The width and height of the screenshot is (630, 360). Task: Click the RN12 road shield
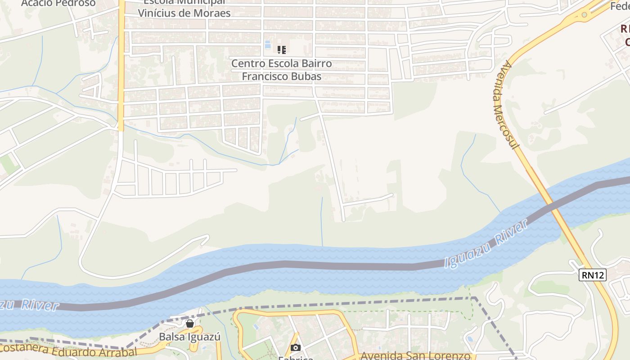pyautogui.click(x=592, y=275)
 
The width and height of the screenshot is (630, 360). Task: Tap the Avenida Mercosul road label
pyautogui.click(x=506, y=106)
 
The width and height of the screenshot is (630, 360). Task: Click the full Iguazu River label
pyautogui.click(x=486, y=244)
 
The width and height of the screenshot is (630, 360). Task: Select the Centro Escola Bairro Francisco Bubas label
pyautogui.click(x=282, y=70)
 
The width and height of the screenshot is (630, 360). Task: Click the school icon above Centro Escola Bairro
pyautogui.click(x=282, y=49)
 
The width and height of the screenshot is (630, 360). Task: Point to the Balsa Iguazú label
pyautogui.click(x=189, y=337)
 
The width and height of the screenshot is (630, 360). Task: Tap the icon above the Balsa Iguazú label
pyautogui.click(x=190, y=324)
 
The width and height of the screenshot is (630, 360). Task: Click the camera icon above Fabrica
pyautogui.click(x=295, y=347)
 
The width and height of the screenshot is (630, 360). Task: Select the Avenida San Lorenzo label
pyautogui.click(x=415, y=355)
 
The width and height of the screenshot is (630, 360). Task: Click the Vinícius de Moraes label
pyautogui.click(x=184, y=13)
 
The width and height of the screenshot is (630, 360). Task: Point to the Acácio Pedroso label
pyautogui.click(x=58, y=3)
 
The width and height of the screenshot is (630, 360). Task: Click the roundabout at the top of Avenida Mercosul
pyautogui.click(x=584, y=15)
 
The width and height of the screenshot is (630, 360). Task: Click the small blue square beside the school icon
pyautogui.click(x=267, y=45)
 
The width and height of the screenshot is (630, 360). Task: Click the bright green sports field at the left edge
pyautogui.click(x=7, y=164)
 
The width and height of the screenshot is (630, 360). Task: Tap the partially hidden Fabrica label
pyautogui.click(x=295, y=358)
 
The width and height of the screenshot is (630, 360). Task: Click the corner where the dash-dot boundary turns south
pyautogui.click(x=473, y=297)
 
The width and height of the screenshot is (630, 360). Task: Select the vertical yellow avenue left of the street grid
pyautogui.click(x=121, y=67)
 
